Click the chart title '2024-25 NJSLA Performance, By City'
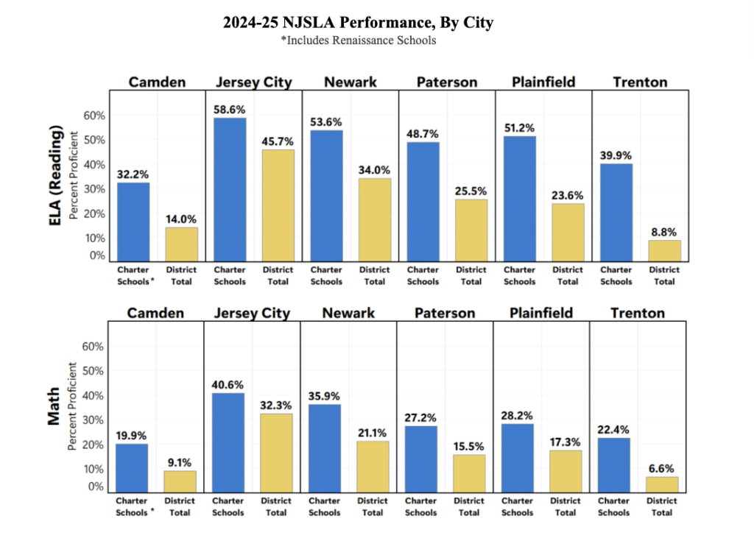click(358, 23)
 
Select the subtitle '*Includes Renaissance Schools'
click(358, 40)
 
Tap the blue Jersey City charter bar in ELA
click(230, 189)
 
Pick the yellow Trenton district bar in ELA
click(664, 250)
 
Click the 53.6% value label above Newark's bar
click(326, 121)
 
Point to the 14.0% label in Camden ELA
click(181, 219)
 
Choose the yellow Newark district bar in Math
click(373, 467)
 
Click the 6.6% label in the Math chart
click(661, 468)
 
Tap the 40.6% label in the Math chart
click(228, 384)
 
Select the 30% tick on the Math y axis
click(95, 420)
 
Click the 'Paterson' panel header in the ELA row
click(445, 82)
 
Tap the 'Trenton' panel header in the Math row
click(637, 313)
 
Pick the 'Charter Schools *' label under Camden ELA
click(133, 276)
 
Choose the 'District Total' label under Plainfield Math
click(565, 507)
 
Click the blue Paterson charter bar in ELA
click(423, 201)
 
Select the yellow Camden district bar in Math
click(180, 481)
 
